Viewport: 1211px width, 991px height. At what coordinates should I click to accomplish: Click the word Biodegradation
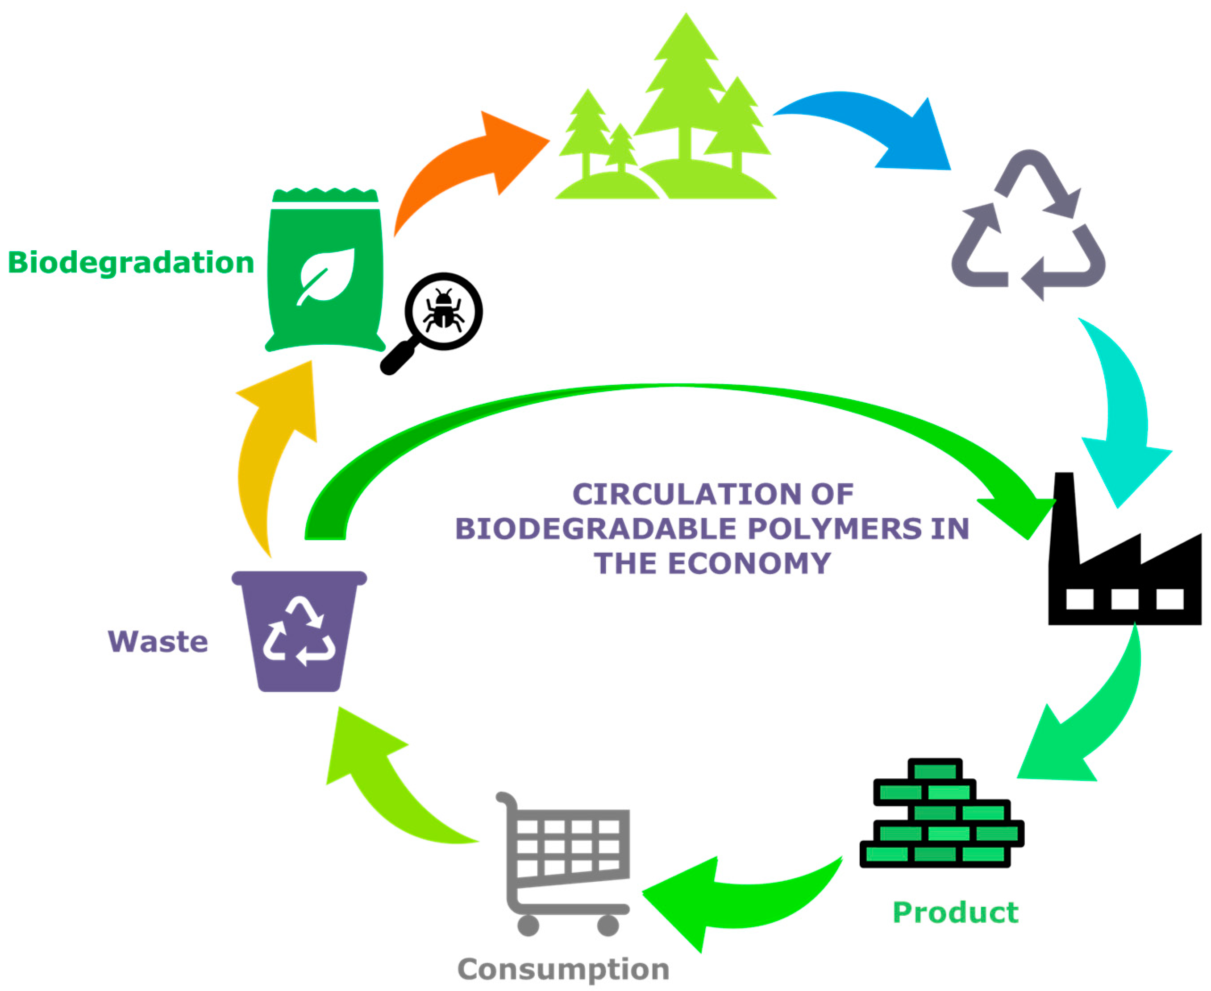[131, 263]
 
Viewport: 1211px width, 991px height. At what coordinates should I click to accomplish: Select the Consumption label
[563, 969]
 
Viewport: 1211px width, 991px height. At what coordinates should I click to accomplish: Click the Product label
[955, 912]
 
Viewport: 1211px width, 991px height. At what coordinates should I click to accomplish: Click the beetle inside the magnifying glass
[443, 312]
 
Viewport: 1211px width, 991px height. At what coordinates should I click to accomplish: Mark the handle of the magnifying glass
[398, 358]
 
